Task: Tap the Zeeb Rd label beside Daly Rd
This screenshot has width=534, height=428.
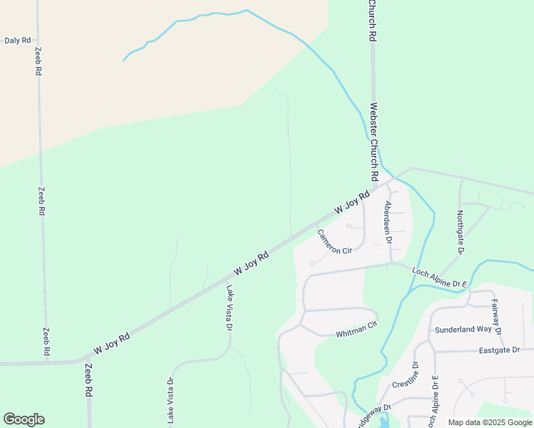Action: click(39, 62)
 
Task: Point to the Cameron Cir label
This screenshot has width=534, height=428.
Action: click(335, 241)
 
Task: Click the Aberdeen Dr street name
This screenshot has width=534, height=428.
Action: click(388, 223)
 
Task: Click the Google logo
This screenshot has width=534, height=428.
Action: click(24, 419)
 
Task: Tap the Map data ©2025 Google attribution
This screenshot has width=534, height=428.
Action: click(490, 422)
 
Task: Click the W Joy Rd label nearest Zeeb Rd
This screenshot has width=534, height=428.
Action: click(113, 344)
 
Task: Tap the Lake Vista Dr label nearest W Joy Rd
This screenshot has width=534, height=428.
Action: click(230, 308)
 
